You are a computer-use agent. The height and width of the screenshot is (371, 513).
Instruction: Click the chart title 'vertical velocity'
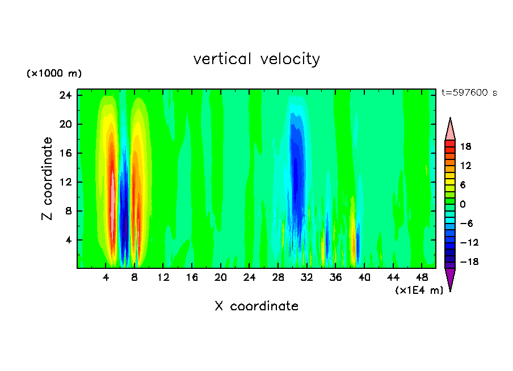click(x=256, y=59)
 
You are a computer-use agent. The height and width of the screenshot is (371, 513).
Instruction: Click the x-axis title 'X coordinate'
click(x=256, y=306)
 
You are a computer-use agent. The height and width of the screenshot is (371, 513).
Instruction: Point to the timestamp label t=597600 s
click(x=469, y=93)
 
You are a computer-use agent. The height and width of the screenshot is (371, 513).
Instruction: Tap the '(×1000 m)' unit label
click(x=54, y=74)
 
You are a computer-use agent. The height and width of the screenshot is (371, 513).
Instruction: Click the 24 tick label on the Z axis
click(x=65, y=95)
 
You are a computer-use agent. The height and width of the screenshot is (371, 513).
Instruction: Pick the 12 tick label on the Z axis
click(x=65, y=182)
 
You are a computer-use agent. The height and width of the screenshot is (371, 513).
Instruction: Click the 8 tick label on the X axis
click(x=134, y=278)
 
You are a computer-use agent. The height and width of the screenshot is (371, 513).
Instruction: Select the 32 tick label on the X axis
click(x=307, y=278)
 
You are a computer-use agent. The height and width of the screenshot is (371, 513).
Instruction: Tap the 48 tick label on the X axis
click(x=422, y=278)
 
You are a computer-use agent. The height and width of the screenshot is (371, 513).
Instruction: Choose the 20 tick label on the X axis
click(x=221, y=278)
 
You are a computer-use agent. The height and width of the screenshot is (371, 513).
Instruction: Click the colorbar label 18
click(x=465, y=146)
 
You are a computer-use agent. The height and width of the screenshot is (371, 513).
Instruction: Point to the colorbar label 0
click(x=462, y=204)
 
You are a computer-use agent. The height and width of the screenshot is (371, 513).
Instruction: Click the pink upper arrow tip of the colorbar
click(x=450, y=129)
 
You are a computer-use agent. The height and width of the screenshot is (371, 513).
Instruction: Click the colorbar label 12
click(x=465, y=166)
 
